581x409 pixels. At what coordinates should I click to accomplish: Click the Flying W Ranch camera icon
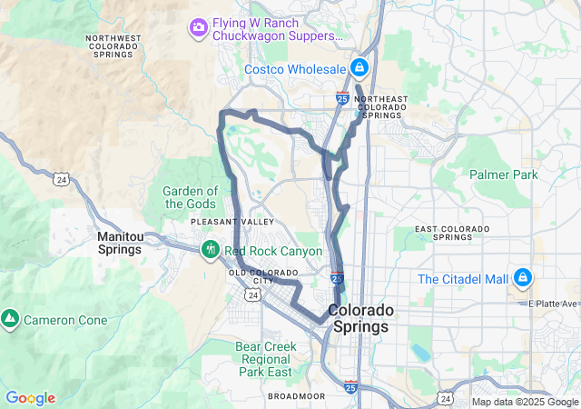[x=198, y=28]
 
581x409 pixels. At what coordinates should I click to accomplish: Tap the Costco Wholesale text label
[x=295, y=69]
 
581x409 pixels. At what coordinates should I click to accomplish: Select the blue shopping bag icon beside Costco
[x=360, y=67]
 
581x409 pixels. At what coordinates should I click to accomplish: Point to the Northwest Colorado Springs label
[x=113, y=45]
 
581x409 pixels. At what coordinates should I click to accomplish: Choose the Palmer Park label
[x=504, y=175]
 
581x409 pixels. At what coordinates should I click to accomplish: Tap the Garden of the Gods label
[x=191, y=197]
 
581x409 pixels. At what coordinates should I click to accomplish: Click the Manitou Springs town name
[x=121, y=243]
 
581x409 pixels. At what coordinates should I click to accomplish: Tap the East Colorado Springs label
[x=451, y=232]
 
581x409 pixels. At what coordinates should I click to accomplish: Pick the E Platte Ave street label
[x=556, y=304]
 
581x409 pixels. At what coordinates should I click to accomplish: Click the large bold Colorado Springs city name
[x=362, y=318]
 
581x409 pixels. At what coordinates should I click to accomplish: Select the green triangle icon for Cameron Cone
[x=10, y=319]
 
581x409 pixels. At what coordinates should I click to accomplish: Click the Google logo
[x=30, y=398]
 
